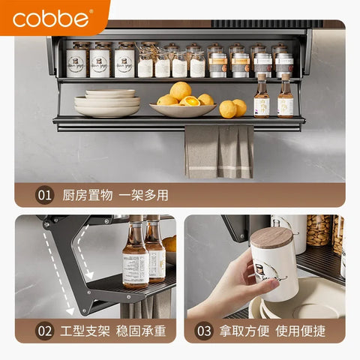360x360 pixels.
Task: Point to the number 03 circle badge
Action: coord(205,330)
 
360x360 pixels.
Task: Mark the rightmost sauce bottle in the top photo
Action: coord(285,97)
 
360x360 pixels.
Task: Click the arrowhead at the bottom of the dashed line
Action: coord(71,308)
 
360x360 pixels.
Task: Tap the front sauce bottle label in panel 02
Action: coord(136,268)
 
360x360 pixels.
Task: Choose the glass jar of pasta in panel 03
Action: coord(318,231)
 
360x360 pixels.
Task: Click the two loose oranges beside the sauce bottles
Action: coord(232,108)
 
